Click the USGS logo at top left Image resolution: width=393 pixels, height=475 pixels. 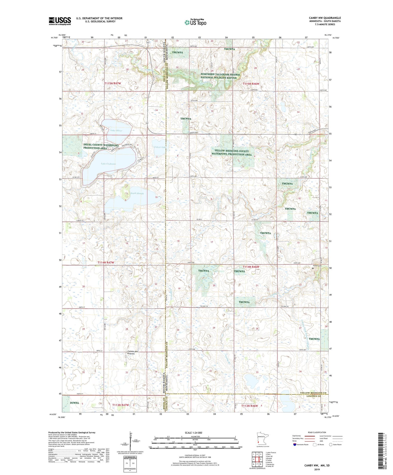tap(60, 21)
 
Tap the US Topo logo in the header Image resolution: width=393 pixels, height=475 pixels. tap(195, 23)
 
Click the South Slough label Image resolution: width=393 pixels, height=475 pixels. tap(137, 193)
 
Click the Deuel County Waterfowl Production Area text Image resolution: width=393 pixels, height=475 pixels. tap(101, 146)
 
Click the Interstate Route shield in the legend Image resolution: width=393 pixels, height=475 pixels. tap(294, 444)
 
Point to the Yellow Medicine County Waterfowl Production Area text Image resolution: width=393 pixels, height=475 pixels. tap(233, 153)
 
